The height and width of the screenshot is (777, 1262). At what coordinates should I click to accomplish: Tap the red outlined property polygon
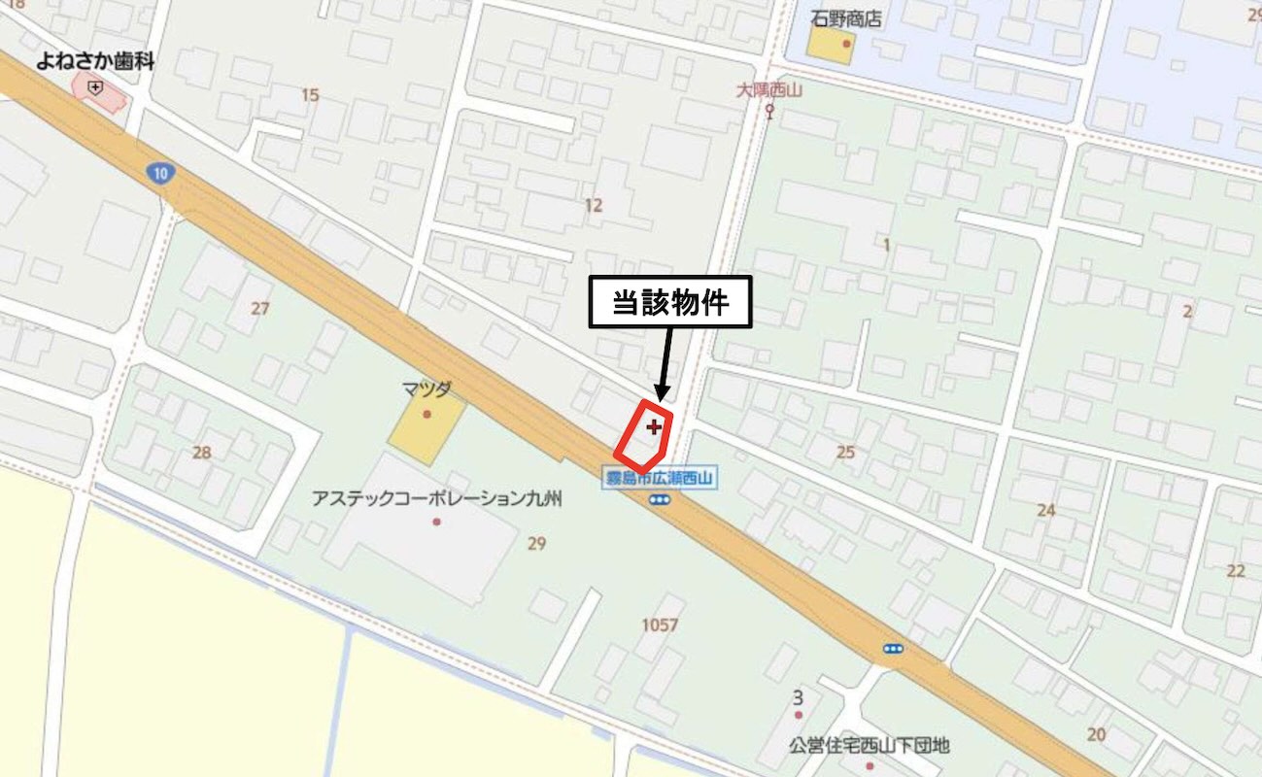coord(644,436)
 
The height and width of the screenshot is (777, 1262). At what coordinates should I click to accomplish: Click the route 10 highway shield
coord(159,174)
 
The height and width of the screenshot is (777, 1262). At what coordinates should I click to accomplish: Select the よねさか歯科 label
coord(95,61)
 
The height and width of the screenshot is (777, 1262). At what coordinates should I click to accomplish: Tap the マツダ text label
coord(426,389)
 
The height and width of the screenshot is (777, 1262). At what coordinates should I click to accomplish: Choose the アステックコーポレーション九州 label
coord(436,498)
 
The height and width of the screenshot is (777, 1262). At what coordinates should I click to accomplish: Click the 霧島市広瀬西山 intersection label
coord(660,478)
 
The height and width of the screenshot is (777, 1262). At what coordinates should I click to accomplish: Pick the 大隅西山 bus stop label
coord(767,89)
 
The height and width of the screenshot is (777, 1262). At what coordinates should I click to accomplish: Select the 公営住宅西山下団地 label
coord(869,746)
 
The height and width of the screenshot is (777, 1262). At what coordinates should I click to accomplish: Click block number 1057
coord(660,625)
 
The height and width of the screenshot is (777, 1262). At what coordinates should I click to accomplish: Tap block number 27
coord(259,309)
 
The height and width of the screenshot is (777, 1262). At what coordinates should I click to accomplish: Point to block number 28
coord(202,452)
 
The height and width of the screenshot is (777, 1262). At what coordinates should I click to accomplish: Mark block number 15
coord(310,94)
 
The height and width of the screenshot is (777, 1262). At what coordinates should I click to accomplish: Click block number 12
coord(594,205)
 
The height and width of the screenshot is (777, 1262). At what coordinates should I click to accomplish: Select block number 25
coord(845,452)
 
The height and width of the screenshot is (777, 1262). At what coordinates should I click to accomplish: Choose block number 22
coord(1235,570)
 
